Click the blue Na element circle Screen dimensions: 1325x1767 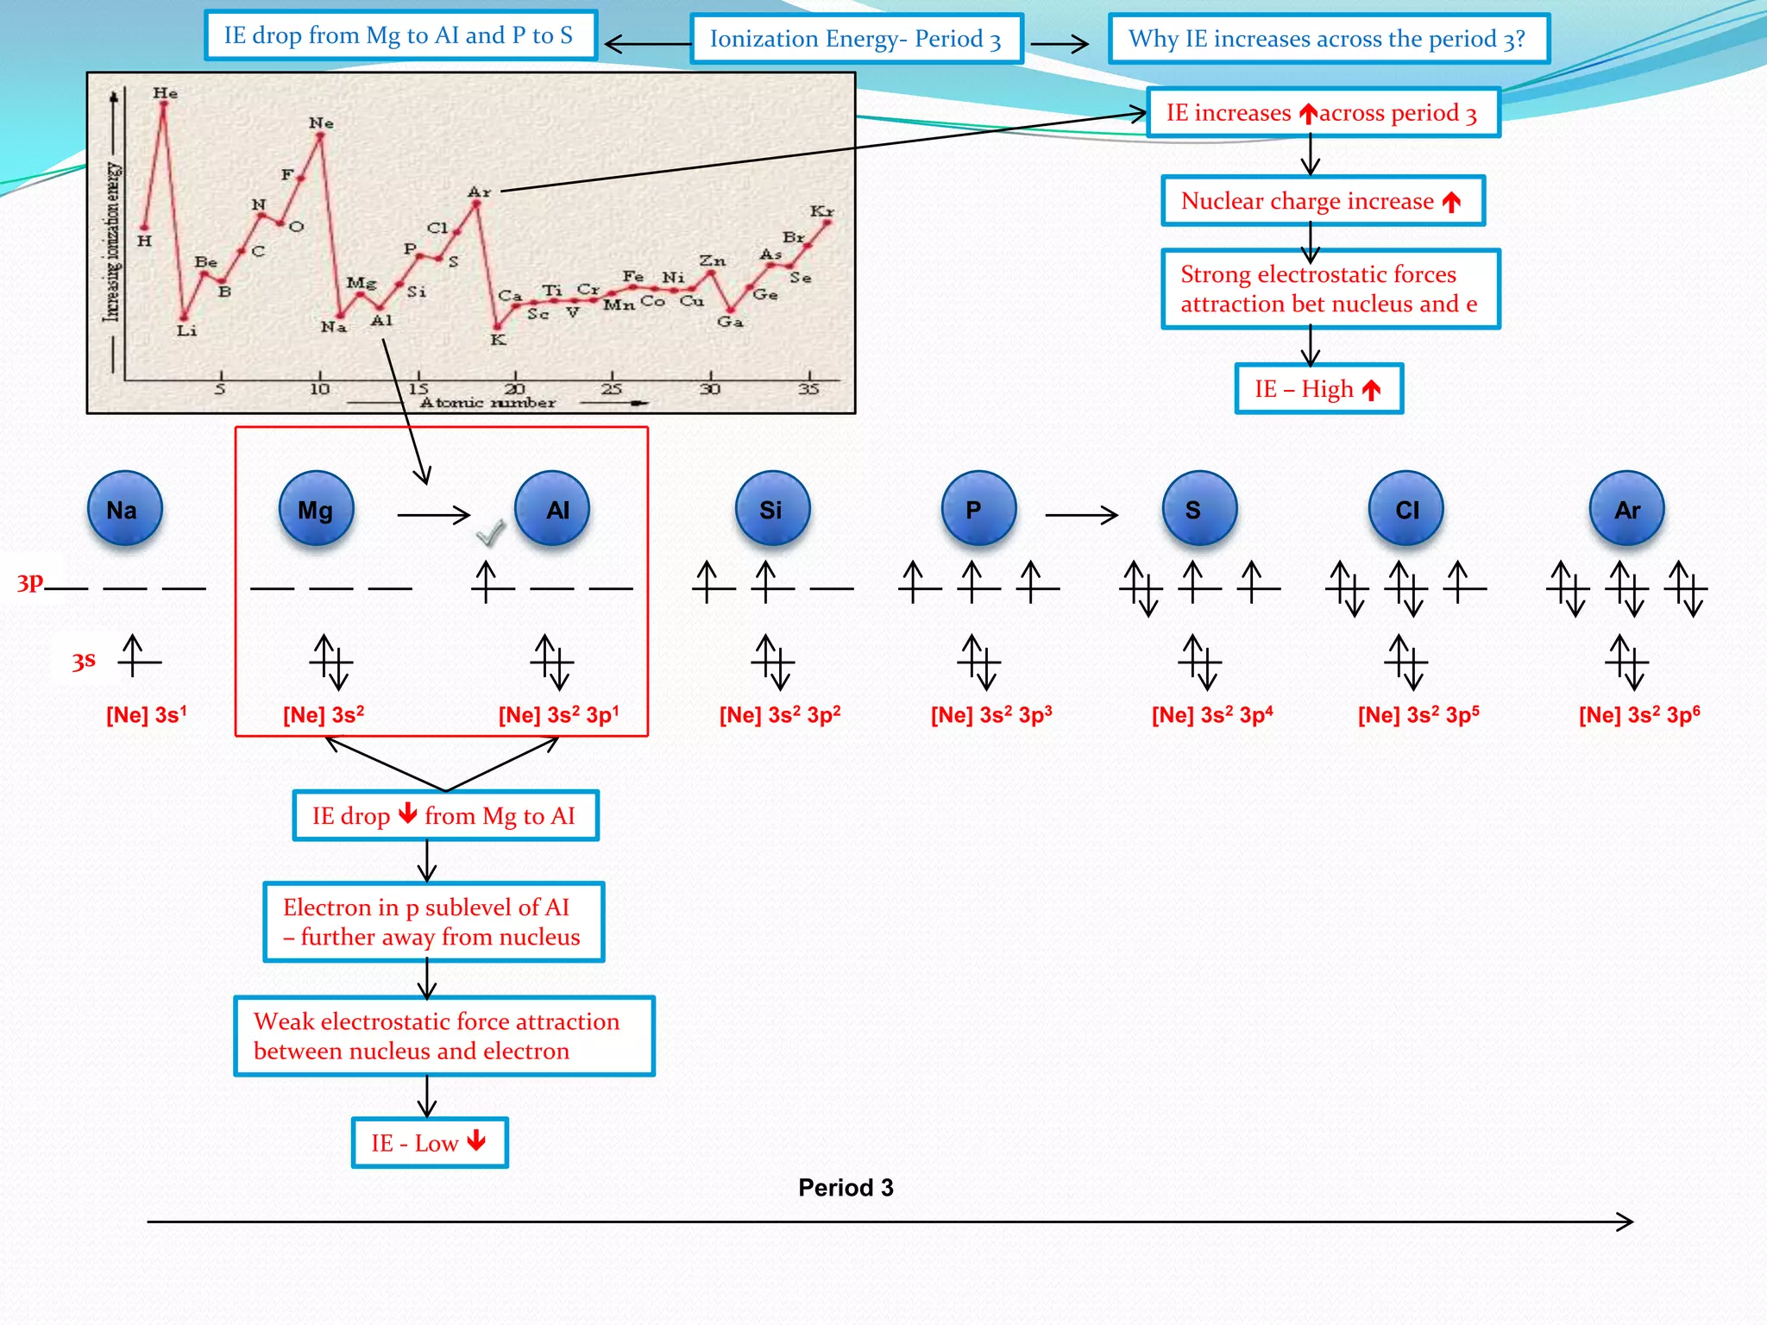[124, 509]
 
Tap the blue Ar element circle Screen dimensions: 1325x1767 [1627, 509]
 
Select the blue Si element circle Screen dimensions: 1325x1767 [772, 509]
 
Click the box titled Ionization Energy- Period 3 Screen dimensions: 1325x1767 [856, 39]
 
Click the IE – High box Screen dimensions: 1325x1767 [1318, 389]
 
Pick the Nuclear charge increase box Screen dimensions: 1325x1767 [1323, 201]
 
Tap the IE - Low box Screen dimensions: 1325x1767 [430, 1143]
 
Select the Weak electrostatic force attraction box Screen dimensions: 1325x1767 [444, 1036]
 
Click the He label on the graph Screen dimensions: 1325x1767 [165, 93]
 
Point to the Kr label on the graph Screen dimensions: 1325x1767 [821, 211]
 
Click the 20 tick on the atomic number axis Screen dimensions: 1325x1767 [515, 389]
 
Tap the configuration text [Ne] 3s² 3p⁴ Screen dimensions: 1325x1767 [1212, 715]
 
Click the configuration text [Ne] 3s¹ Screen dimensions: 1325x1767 [146, 715]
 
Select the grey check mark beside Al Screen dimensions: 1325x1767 [490, 533]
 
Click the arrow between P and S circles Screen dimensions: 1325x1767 [1081, 515]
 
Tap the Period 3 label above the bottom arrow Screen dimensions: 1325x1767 [846, 1188]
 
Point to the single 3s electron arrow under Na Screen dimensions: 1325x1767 [132, 656]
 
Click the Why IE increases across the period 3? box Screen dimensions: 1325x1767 [1329, 39]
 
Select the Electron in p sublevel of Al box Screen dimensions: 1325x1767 [434, 922]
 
